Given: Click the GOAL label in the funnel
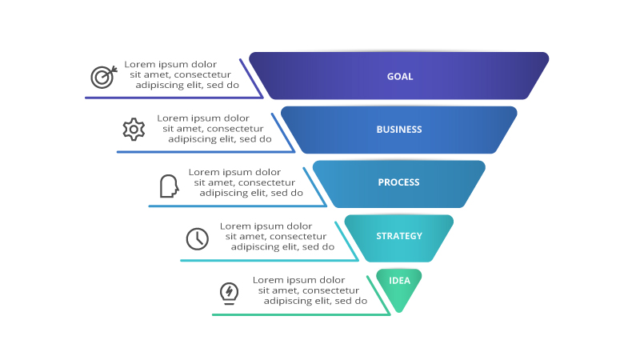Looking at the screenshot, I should tap(400, 77).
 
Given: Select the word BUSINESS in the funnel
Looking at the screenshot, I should tap(399, 130).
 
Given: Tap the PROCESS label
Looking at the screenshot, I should tap(398, 182).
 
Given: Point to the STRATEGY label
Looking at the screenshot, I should tap(399, 236).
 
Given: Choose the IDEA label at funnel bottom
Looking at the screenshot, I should tap(399, 280).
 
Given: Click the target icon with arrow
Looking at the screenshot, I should tap(103, 76).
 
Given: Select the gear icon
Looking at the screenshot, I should tap(134, 129).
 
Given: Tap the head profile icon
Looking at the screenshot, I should tap(168, 186).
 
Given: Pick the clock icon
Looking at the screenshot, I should tap(197, 238).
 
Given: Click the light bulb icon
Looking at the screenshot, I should tap(230, 292).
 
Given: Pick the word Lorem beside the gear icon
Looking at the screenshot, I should tap(171, 118).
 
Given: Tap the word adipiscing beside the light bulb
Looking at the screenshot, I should tap(289, 302).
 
